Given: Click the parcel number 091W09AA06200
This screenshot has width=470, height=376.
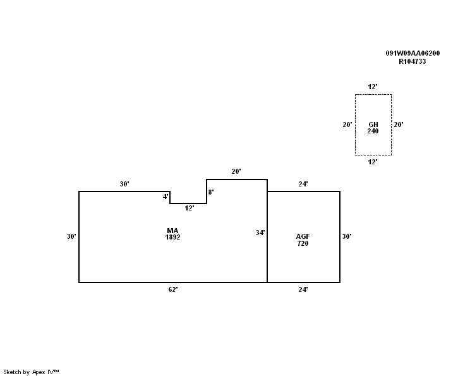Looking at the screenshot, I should pyautogui.click(x=413, y=54).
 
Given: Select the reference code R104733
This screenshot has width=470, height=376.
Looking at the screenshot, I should pyautogui.click(x=413, y=62).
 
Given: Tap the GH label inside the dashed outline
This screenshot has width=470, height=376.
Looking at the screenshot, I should pyautogui.click(x=373, y=124).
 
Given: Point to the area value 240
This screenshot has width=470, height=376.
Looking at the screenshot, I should pyautogui.click(x=373, y=131).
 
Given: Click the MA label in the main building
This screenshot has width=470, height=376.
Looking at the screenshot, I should pyautogui.click(x=172, y=231).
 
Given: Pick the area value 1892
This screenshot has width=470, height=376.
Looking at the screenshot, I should pyautogui.click(x=172, y=238).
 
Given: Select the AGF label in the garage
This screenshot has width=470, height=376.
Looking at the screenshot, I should pyautogui.click(x=303, y=236).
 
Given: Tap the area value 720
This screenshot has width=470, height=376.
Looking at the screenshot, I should pyautogui.click(x=303, y=243).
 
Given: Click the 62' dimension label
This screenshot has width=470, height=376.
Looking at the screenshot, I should pyautogui.click(x=172, y=289).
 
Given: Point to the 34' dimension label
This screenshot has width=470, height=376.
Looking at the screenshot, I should pyautogui.click(x=260, y=233).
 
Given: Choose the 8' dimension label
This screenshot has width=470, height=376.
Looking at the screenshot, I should pyautogui.click(x=211, y=191).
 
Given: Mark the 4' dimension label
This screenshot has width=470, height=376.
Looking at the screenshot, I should pyautogui.click(x=166, y=197).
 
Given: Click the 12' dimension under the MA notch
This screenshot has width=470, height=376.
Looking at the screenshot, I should pyautogui.click(x=189, y=208).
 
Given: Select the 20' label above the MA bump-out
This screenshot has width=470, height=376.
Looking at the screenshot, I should pyautogui.click(x=236, y=171).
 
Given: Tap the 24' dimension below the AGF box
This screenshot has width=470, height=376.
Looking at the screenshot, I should pyautogui.click(x=303, y=289).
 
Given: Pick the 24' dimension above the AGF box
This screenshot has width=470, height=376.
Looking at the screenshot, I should pyautogui.click(x=303, y=185).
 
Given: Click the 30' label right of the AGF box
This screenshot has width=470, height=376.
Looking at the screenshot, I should pyautogui.click(x=347, y=236).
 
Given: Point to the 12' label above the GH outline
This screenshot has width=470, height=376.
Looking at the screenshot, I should pyautogui.click(x=373, y=87).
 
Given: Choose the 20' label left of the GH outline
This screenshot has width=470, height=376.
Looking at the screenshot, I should pyautogui.click(x=347, y=124).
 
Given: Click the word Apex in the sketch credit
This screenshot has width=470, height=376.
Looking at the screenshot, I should pyautogui.click(x=39, y=372).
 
